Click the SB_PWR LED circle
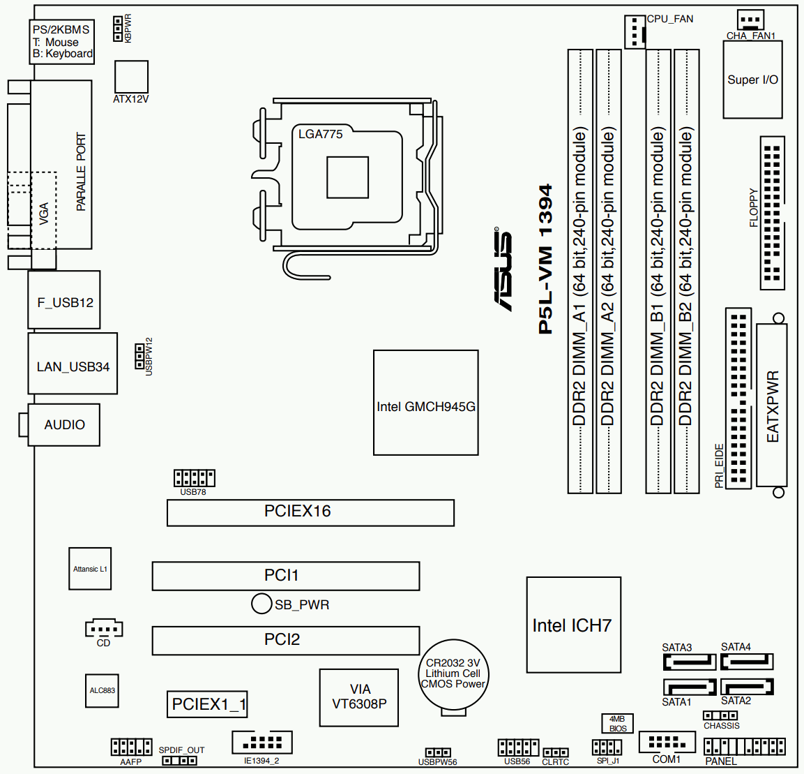click(x=261, y=604)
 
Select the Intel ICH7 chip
click(x=573, y=625)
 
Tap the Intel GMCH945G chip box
click(x=425, y=403)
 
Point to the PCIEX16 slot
click(x=310, y=513)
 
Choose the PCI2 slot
click(x=286, y=641)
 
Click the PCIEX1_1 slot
click(x=207, y=704)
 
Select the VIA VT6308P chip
click(x=358, y=697)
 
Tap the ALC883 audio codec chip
click(x=102, y=691)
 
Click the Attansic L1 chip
click(x=90, y=569)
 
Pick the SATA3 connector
click(x=689, y=662)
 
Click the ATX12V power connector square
click(x=131, y=77)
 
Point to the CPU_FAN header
click(x=635, y=32)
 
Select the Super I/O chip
click(x=752, y=80)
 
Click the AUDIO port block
click(x=64, y=424)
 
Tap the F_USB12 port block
click(x=64, y=300)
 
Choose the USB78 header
click(x=194, y=478)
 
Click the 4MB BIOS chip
click(x=617, y=723)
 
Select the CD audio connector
click(x=104, y=629)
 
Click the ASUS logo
click(x=503, y=269)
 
